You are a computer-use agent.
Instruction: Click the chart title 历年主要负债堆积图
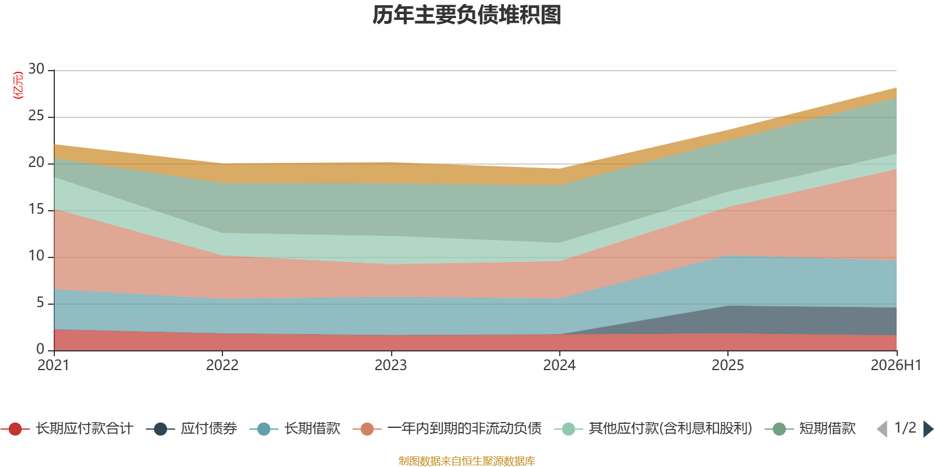[466, 15]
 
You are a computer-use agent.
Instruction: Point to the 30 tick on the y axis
[36, 69]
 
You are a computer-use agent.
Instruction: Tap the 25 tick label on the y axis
[36, 116]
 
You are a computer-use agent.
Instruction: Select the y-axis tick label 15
[36, 209]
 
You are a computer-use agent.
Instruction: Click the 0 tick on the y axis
[40, 348]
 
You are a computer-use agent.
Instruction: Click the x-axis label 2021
[53, 365]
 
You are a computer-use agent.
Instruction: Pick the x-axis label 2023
[391, 365]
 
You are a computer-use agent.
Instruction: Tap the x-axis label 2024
[559, 365]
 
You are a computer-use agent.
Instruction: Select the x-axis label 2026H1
[896, 365]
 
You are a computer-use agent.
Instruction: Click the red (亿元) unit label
[18, 85]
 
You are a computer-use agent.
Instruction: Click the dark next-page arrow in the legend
[928, 429]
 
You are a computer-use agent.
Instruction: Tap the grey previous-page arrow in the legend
[882, 429]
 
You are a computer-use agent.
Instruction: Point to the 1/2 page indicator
[905, 428]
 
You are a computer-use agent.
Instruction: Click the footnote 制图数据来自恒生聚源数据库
[466, 461]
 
